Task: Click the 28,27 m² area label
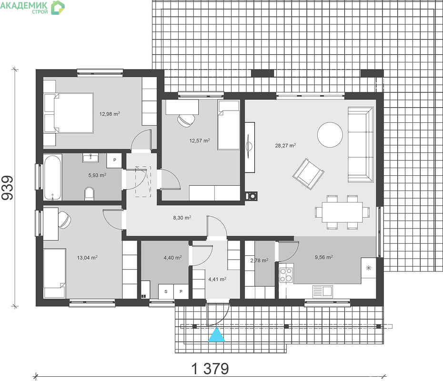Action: pyautogui.click(x=285, y=145)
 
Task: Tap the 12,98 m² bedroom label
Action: pyautogui.click(x=110, y=114)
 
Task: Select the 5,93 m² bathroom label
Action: pyautogui.click(x=97, y=175)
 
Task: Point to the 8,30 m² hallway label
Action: pyautogui.click(x=182, y=218)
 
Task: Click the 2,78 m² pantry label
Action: pyautogui.click(x=259, y=261)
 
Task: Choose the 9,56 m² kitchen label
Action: pyautogui.click(x=324, y=257)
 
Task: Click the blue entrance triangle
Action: pyautogui.click(x=216, y=335)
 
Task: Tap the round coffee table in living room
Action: pyautogui.click(x=330, y=134)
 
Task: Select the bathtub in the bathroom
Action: pyautogui.click(x=53, y=177)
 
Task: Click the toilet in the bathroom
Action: pyautogui.click(x=90, y=193)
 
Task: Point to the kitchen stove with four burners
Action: pyautogui.click(x=286, y=275)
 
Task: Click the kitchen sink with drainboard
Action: pyautogui.click(x=322, y=291)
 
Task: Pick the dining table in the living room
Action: pyautogui.click(x=342, y=212)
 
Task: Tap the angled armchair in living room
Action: pyautogui.click(x=308, y=174)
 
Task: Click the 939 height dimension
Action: pyautogui.click(x=7, y=188)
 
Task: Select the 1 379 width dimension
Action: pyautogui.click(x=210, y=369)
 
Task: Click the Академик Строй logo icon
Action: pyautogui.click(x=58, y=7)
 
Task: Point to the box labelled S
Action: pyautogui.click(x=166, y=291)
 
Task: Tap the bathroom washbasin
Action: pyautogui.click(x=91, y=158)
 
